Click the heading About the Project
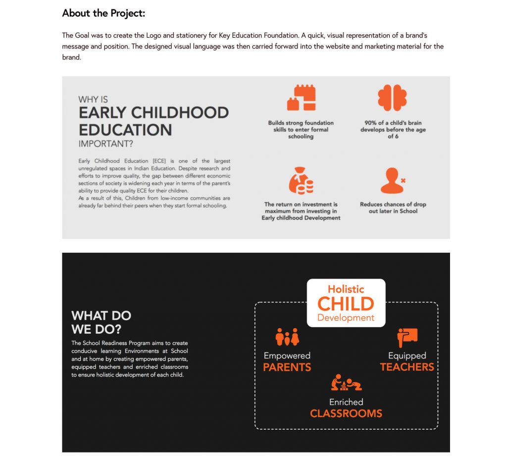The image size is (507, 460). click(103, 13)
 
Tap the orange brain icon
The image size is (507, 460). click(392, 97)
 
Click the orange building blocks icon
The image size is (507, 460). click(301, 98)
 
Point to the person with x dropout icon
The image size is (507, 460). click(393, 180)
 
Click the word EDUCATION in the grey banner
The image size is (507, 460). click(125, 130)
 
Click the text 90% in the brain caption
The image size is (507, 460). click(370, 123)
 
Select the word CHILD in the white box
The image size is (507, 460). click(346, 304)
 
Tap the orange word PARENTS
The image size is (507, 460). click(287, 367)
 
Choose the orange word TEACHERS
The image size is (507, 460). click(407, 367)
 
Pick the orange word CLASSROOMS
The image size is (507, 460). click(346, 413)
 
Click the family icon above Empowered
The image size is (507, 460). click(287, 337)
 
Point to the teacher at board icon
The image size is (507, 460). click(407, 337)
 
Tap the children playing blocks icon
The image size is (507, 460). click(346, 383)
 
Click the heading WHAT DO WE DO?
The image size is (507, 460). click(101, 322)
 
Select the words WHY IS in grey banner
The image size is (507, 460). click(93, 100)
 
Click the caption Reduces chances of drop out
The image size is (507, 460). click(393, 208)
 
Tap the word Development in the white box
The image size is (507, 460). click(346, 318)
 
